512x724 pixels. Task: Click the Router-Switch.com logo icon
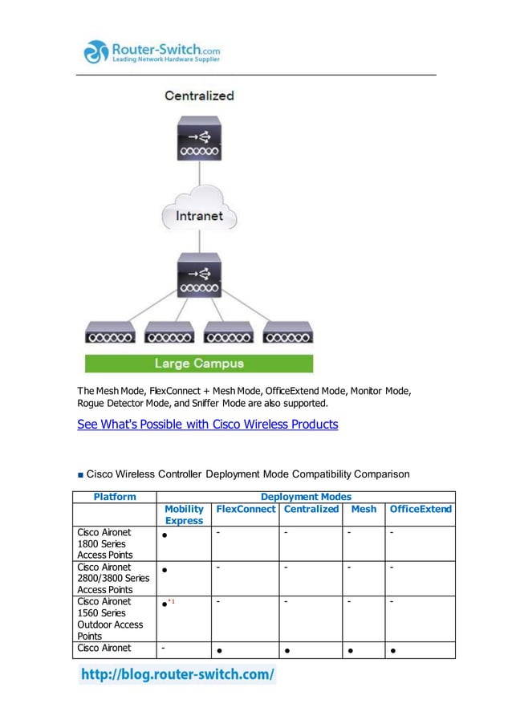pyautogui.click(x=95, y=52)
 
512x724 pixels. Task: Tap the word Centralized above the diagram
pyautogui.click(x=199, y=96)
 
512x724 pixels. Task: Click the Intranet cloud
pyautogui.click(x=199, y=215)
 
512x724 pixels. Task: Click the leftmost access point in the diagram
pyautogui.click(x=111, y=331)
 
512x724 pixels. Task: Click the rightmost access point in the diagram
pyautogui.click(x=288, y=331)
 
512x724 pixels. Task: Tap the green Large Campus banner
pyautogui.click(x=199, y=363)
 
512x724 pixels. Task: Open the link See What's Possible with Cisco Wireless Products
pyautogui.click(x=207, y=424)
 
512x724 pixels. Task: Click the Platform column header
pyautogui.click(x=115, y=497)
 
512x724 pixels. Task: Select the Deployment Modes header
pyautogui.click(x=306, y=497)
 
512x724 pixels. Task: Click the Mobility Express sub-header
pyautogui.click(x=184, y=515)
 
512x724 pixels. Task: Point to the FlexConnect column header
pyautogui.click(x=246, y=509)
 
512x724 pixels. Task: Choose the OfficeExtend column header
pyautogui.click(x=421, y=509)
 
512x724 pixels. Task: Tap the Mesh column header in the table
pyautogui.click(x=364, y=509)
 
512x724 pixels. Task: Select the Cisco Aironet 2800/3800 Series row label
pyautogui.click(x=113, y=578)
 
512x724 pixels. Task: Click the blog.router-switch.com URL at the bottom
pyautogui.click(x=177, y=674)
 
